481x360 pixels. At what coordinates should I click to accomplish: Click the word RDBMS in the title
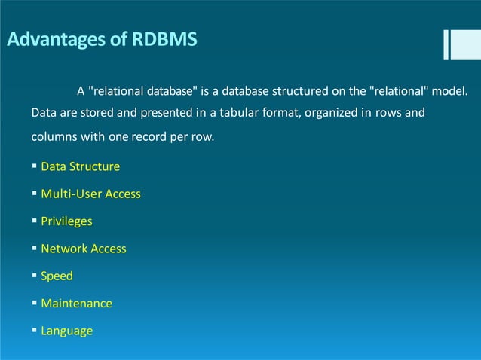pos(164,39)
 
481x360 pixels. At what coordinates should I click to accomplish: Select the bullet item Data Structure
pos(80,166)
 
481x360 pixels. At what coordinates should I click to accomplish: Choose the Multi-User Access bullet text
pos(90,194)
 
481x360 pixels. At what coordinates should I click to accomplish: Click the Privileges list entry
pos(66,221)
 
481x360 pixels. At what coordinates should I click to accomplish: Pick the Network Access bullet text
pos(84,249)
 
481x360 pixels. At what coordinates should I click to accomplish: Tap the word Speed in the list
pos(57,276)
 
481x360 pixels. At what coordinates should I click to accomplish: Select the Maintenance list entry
pos(76,304)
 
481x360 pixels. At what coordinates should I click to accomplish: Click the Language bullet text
pos(67,331)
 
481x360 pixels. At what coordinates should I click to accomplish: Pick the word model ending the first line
pos(451,92)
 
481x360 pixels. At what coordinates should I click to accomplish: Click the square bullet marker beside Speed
pos(35,276)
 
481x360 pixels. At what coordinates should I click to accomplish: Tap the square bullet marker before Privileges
pos(35,221)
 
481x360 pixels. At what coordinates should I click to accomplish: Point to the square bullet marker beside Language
pos(35,331)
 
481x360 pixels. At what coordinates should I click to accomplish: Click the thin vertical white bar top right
pos(446,44)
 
